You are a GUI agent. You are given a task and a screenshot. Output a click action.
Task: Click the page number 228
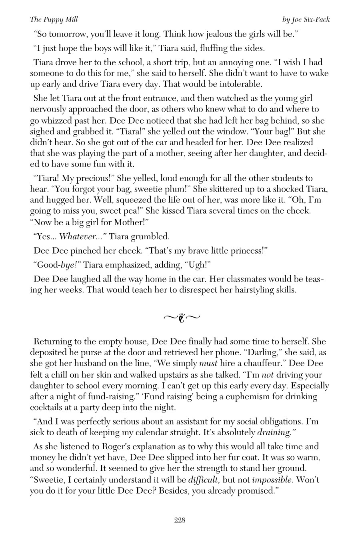180,520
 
